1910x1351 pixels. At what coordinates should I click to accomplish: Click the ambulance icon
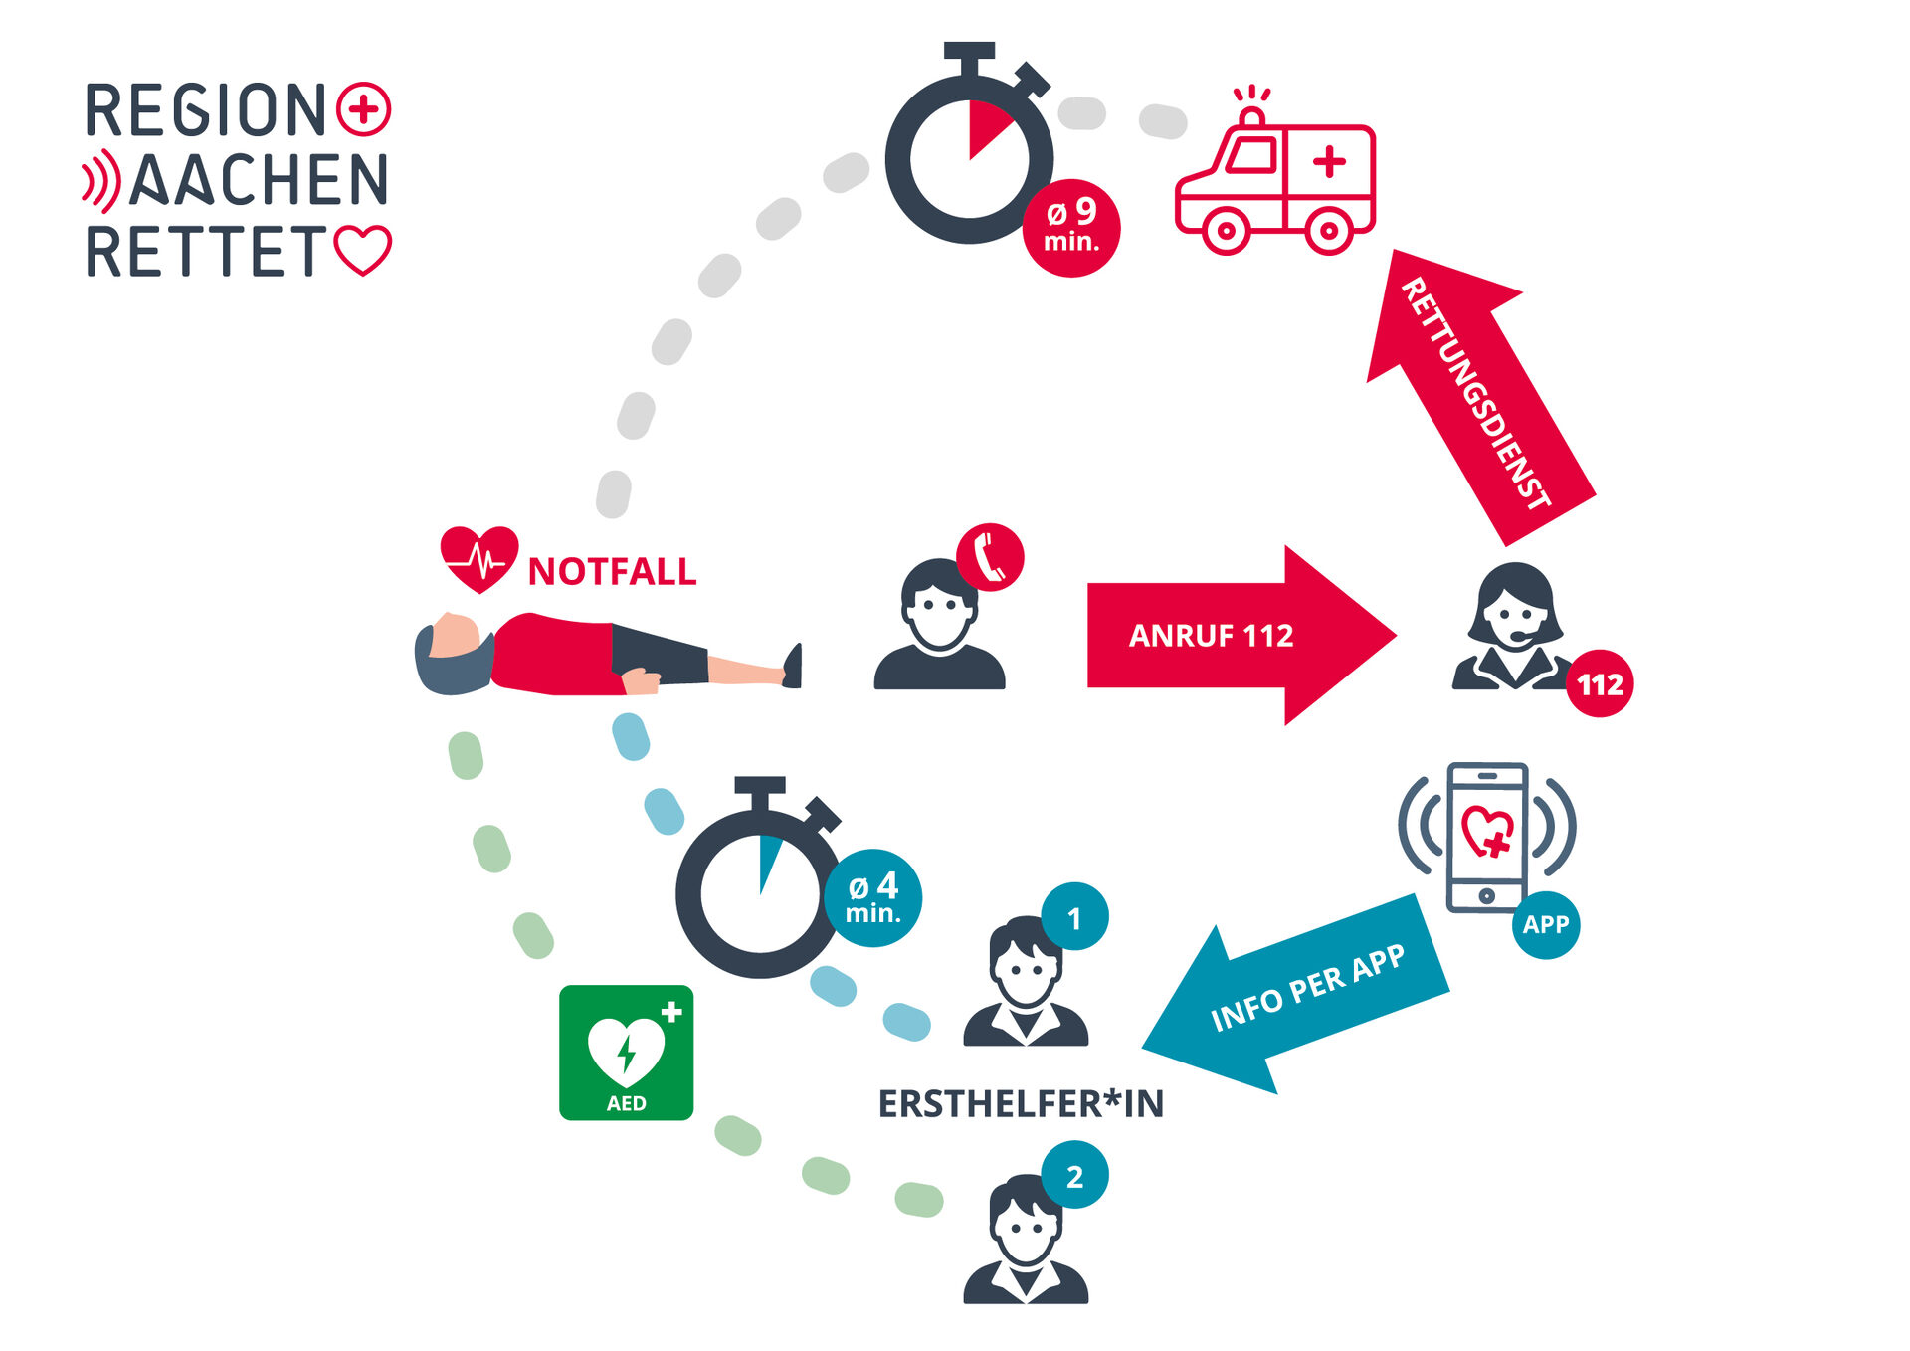[x=1275, y=179]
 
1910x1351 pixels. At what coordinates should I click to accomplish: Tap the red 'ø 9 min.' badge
[x=1071, y=228]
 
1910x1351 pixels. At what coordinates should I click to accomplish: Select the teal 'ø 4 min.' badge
[x=872, y=897]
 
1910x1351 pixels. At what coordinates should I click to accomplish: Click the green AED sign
[x=626, y=1053]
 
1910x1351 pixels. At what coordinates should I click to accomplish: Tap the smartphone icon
[x=1486, y=836]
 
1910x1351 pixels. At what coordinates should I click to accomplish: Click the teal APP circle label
[x=1545, y=924]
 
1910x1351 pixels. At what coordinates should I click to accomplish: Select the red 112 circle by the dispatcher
[x=1600, y=683]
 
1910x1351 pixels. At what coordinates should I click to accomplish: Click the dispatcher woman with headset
[x=1512, y=627]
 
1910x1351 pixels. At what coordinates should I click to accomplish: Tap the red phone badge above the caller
[x=990, y=557]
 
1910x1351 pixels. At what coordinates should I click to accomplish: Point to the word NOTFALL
[x=612, y=572]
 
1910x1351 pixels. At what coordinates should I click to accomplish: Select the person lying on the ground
[x=607, y=654]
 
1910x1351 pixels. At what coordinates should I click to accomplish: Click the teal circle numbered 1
[x=1074, y=917]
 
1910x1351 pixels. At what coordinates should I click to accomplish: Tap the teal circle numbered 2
[x=1074, y=1176]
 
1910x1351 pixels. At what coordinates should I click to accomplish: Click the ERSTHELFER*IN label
[x=1021, y=1104]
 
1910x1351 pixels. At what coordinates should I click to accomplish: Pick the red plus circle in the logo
[x=363, y=108]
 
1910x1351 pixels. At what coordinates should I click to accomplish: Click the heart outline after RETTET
[x=363, y=249]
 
